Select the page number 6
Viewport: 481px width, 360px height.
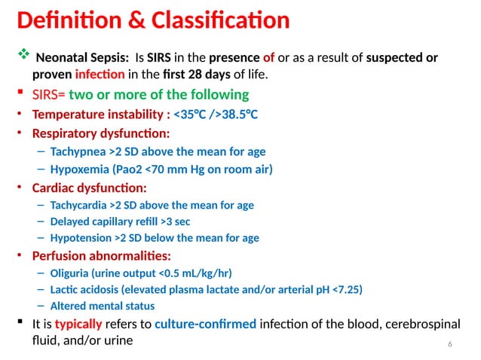point(450,344)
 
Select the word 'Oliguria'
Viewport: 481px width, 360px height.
point(69,273)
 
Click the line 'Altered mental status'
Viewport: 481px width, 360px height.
point(102,306)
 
